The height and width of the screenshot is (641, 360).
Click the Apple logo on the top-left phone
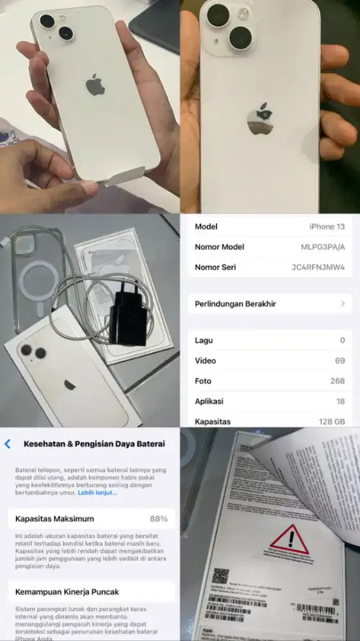(95, 85)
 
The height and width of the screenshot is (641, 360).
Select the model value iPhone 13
(327, 226)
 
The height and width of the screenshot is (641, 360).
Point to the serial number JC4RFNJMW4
(318, 267)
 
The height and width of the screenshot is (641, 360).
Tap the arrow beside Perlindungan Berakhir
(343, 304)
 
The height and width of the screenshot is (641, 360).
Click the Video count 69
(339, 361)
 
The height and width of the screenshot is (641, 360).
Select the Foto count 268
(337, 381)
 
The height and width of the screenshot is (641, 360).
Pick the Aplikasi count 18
(339, 401)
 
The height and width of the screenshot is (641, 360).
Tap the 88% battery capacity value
(159, 519)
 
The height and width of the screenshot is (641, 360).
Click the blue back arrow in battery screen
(8, 444)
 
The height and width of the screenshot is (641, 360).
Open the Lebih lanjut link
(97, 493)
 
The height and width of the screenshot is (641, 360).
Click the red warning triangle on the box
(290, 539)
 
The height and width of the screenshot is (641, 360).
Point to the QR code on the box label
(221, 576)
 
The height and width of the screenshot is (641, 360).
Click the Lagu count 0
(342, 340)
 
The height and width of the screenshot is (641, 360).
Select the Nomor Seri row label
(215, 267)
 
